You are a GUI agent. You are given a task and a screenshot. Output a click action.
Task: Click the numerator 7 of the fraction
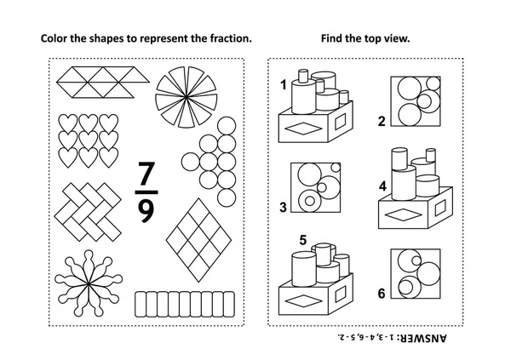[145, 176]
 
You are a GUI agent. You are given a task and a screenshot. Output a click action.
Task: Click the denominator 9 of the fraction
[145, 209]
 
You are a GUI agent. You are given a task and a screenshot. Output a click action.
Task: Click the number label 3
[284, 206]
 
